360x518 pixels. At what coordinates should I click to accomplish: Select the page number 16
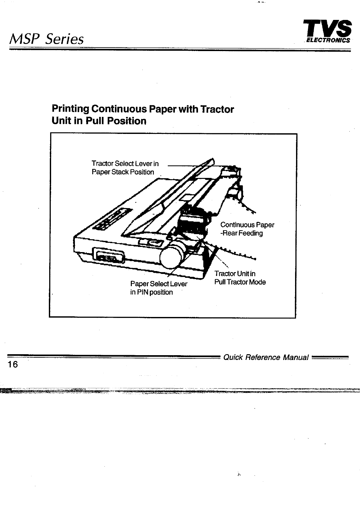pyautogui.click(x=14, y=364)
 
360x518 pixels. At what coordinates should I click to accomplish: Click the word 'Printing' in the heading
pyautogui.click(x=70, y=109)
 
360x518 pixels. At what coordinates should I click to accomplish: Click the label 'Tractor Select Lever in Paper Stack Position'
pyautogui.click(x=125, y=168)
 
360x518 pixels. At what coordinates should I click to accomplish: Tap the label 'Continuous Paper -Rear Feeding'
pyautogui.click(x=247, y=229)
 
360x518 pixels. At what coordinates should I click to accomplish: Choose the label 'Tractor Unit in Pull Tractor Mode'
pyautogui.click(x=240, y=278)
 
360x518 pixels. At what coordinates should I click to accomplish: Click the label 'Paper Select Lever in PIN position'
pyautogui.click(x=158, y=288)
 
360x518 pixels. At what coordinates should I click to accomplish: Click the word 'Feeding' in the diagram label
pyautogui.click(x=250, y=233)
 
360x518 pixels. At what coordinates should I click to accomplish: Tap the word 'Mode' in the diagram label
pyautogui.click(x=257, y=282)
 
